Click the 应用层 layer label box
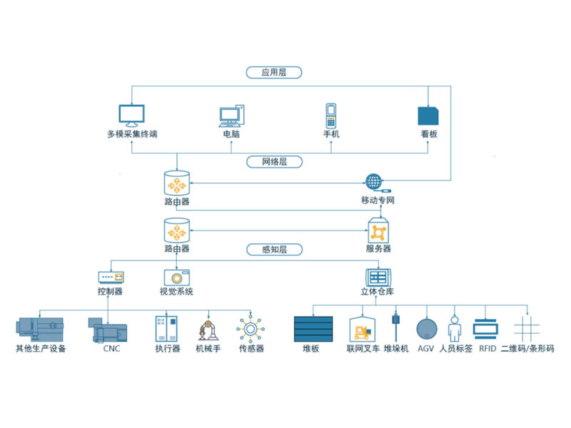pos(274,72)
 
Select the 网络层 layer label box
pos(274,162)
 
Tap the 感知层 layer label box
pos(274,250)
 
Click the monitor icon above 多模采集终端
pos(131,116)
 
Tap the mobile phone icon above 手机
pos(331,114)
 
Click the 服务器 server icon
pos(378,230)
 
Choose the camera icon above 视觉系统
pos(176,277)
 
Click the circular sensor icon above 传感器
pos(251,330)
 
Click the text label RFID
pos(487,350)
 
